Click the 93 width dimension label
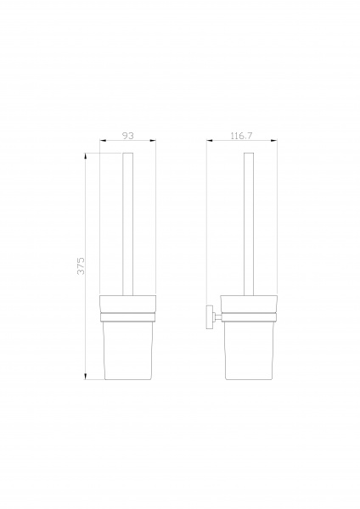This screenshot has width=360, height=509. tap(128, 136)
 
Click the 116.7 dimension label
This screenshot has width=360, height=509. tap(241, 136)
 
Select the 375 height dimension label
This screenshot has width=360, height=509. tap(81, 266)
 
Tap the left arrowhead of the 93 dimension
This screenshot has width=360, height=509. tap(103, 141)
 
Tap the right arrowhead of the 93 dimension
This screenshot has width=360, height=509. tap(153, 141)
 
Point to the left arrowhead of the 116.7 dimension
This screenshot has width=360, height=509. tap(210, 141)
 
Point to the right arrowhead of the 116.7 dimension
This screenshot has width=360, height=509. tap(274, 141)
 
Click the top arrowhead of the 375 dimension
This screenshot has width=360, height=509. tap(86, 156)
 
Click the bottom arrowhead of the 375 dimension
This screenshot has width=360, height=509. tap(86, 376)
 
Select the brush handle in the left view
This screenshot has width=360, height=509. tap(127, 224)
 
